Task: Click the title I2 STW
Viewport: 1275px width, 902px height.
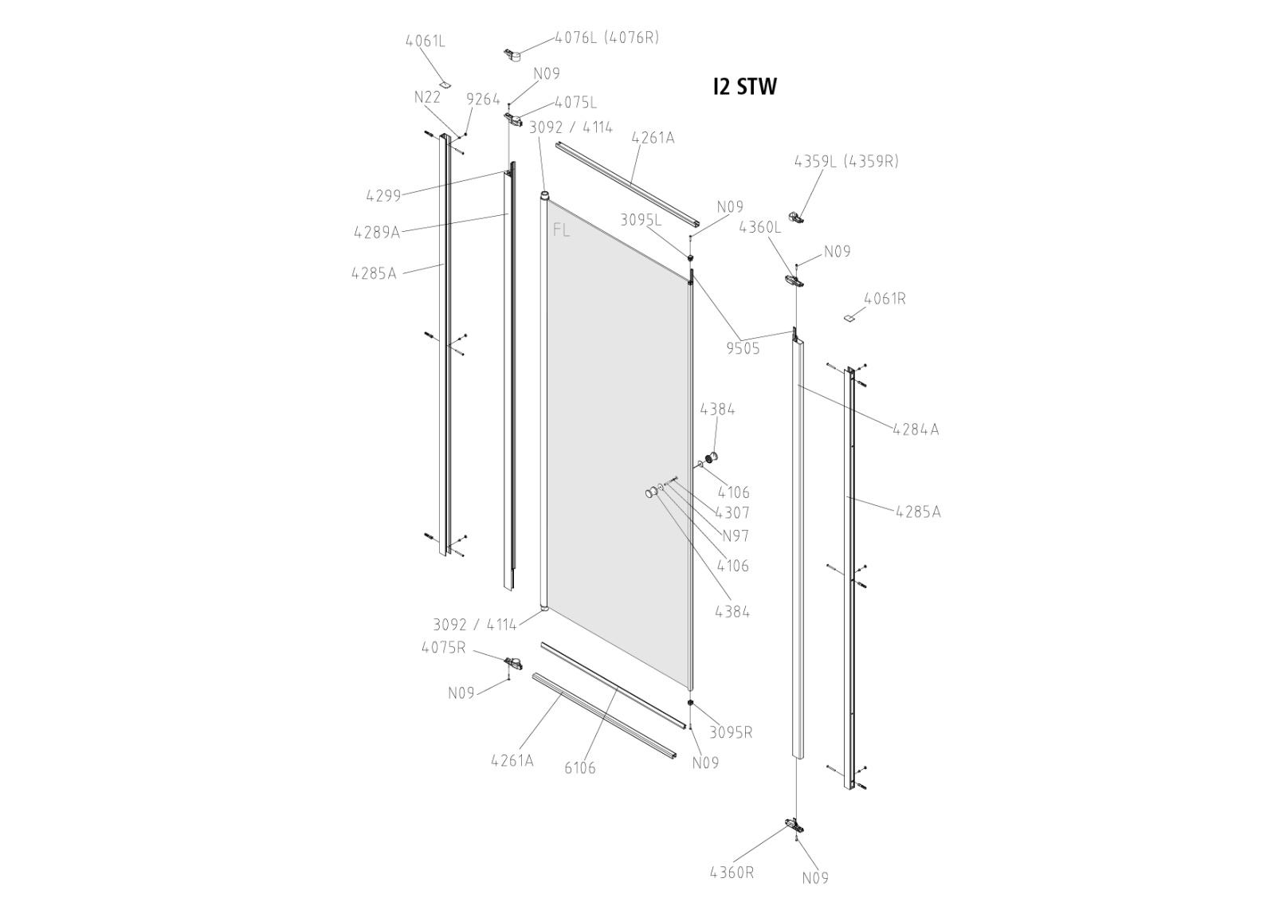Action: tap(744, 86)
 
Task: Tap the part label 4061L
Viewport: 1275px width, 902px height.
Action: tap(425, 41)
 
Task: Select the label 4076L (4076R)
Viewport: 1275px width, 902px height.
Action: tap(606, 37)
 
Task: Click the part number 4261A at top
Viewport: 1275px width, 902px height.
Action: tap(653, 138)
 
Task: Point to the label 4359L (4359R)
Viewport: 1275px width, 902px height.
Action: tap(845, 161)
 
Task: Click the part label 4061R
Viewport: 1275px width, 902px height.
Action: tap(885, 299)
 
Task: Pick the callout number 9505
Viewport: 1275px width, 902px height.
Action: tap(743, 348)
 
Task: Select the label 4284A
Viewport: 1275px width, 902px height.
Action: tap(916, 429)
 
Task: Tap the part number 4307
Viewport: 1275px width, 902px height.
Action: tap(732, 513)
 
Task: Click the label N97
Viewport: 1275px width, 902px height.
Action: tap(735, 536)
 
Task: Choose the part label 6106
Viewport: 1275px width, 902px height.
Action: tap(580, 768)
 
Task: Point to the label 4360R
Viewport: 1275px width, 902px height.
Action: tap(732, 872)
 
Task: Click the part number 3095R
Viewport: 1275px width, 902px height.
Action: tap(731, 732)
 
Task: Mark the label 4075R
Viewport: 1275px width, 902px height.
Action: tap(443, 647)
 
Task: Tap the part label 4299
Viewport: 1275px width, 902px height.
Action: tap(383, 195)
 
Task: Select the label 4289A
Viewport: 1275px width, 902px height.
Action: tap(376, 232)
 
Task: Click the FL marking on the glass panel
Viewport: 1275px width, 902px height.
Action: tap(561, 230)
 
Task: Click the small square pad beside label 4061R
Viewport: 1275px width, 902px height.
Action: tap(850, 317)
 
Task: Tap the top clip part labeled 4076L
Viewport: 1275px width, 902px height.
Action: tap(512, 55)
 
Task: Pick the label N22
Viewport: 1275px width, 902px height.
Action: tap(427, 97)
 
